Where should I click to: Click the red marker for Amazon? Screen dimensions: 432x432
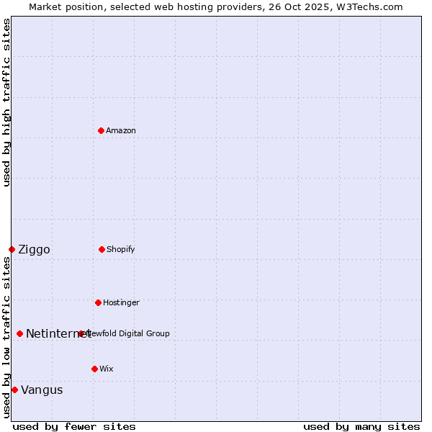(101, 130)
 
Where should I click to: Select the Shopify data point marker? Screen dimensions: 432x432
(102, 249)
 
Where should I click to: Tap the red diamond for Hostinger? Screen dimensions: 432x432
(98, 302)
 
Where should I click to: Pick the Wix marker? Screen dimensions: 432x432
(94, 369)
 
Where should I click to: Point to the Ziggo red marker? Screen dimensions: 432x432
(12, 249)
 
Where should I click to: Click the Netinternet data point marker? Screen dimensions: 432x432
(19, 333)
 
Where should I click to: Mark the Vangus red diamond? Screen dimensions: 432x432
(14, 390)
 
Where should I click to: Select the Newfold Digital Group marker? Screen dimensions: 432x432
(81, 333)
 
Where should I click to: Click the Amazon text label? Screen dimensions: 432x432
(121, 130)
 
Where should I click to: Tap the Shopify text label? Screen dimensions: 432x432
(121, 249)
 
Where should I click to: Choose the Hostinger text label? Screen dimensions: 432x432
(121, 302)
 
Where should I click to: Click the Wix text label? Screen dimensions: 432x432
(107, 369)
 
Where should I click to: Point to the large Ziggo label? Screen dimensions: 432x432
(34, 250)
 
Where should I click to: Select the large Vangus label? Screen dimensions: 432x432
(42, 390)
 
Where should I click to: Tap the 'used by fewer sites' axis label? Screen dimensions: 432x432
(74, 426)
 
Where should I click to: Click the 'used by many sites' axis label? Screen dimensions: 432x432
(361, 426)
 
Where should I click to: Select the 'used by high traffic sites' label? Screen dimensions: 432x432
(7, 102)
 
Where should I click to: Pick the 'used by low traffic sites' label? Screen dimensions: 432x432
(7, 337)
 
